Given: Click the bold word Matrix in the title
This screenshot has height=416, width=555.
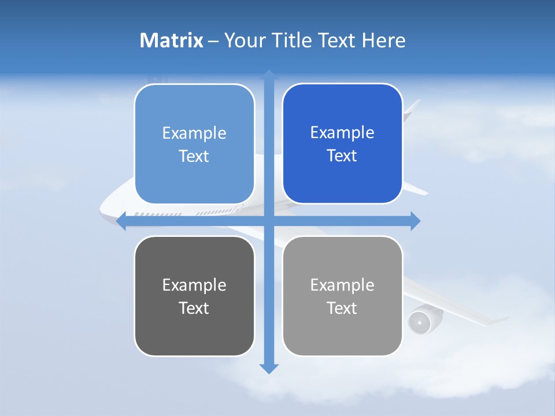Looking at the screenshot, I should click(171, 40).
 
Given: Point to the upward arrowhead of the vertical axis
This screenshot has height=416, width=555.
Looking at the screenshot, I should click(269, 75).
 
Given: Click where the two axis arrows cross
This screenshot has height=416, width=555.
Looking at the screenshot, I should click(269, 221).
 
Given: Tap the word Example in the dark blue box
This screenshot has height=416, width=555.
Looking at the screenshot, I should click(342, 133).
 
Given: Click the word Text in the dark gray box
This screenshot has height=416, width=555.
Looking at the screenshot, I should click(194, 308).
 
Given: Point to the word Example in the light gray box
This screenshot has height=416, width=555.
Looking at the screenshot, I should click(342, 285).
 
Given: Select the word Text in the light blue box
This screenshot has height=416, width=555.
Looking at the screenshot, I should click(194, 156).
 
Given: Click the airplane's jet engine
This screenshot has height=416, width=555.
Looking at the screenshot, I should click(418, 321).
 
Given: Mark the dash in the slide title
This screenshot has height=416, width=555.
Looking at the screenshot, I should click(214, 41).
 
